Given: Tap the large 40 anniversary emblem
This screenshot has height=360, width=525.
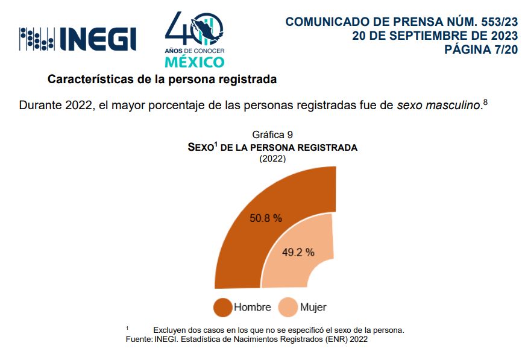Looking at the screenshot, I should tap(194, 30).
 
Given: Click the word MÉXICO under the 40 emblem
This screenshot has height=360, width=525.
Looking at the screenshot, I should tap(194, 62).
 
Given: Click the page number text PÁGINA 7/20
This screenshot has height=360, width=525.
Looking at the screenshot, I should tap(481, 49).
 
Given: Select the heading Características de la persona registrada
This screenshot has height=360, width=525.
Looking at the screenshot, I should tap(162, 79).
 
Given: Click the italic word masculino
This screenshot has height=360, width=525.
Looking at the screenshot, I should tap(453, 106).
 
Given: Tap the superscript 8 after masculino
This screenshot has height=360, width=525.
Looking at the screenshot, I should tap(485, 103).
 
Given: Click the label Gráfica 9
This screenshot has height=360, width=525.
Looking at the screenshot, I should tap(272, 134).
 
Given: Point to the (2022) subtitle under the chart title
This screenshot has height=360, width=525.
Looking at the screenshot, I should tap(272, 159).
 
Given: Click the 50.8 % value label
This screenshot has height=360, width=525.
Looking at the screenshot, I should tap(266, 218).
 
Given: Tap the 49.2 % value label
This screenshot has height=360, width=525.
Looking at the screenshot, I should tap(298, 253).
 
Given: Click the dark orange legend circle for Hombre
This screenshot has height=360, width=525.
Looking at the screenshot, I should tap(223, 307).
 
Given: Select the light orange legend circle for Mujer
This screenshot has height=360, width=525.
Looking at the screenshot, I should tap(289, 307).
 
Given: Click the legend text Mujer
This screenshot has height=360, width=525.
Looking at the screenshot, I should tap(313, 307).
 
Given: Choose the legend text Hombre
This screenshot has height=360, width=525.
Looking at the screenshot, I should tap(253, 307).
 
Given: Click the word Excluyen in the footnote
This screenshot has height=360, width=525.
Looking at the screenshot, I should tap(169, 330).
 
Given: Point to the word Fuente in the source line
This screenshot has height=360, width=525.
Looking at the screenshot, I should tap(137, 339).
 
